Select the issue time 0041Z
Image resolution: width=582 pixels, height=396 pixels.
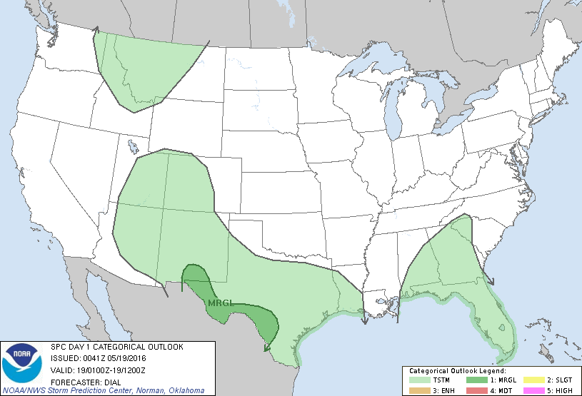coord(92,357)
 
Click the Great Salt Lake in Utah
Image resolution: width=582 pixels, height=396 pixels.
coord(133,147)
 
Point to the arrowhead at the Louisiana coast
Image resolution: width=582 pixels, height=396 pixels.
coord(363,320)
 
